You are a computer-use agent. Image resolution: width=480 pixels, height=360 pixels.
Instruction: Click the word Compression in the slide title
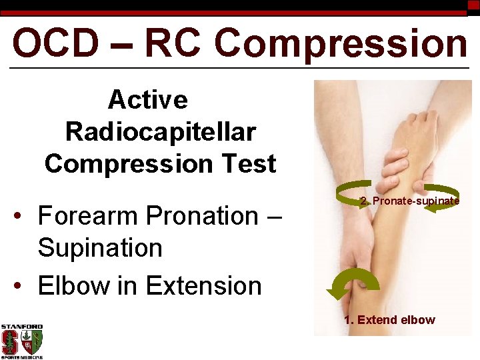tap(341, 43)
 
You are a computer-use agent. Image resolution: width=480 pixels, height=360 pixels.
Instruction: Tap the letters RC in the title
tap(175, 43)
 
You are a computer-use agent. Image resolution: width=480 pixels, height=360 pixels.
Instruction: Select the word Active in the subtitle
tap(148, 100)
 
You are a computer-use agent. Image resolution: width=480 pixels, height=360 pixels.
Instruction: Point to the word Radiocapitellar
tap(160, 132)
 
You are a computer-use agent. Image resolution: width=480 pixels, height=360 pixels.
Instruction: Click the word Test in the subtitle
tap(249, 163)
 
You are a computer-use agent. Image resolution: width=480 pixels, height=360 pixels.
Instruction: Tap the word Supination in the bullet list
tap(100, 248)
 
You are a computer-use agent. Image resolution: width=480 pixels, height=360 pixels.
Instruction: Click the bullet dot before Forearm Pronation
tap(23, 217)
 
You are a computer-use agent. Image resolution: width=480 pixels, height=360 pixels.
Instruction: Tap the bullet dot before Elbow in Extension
tap(23, 286)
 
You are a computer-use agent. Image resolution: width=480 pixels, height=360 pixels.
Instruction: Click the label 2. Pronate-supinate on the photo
tap(409, 201)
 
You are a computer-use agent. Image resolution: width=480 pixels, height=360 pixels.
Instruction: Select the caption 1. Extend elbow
tap(389, 320)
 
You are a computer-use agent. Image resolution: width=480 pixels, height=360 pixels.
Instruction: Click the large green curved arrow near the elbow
tap(353, 283)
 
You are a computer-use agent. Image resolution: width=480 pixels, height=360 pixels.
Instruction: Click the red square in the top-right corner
tap(473, 5)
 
